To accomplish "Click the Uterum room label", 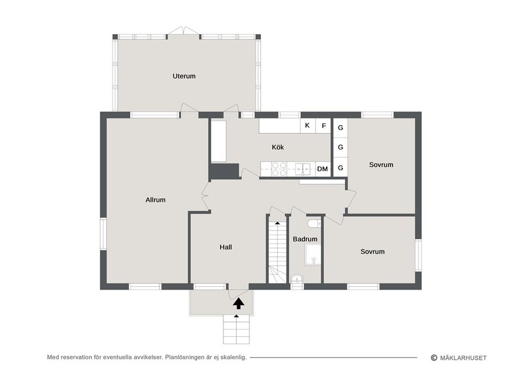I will [x=184, y=76].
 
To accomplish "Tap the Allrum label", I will [x=156, y=200].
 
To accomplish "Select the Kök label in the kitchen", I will [x=278, y=147].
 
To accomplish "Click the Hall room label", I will [x=226, y=247].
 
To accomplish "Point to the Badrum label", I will [x=305, y=239].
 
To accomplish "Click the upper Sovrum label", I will [x=381, y=165].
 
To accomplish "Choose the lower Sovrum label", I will [x=372, y=252].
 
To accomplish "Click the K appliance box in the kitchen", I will [x=308, y=126].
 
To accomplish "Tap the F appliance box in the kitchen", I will [x=324, y=126].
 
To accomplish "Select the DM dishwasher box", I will [x=322, y=169].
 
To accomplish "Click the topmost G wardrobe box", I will [x=340, y=128].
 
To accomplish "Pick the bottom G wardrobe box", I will [x=340, y=168].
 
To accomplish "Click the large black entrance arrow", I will [x=237, y=303].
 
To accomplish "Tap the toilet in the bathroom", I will [x=314, y=223].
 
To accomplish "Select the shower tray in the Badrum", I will [x=313, y=254].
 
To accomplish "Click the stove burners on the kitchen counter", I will [x=279, y=170].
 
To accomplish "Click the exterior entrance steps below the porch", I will [x=237, y=329].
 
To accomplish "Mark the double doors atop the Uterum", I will [x=183, y=32].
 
